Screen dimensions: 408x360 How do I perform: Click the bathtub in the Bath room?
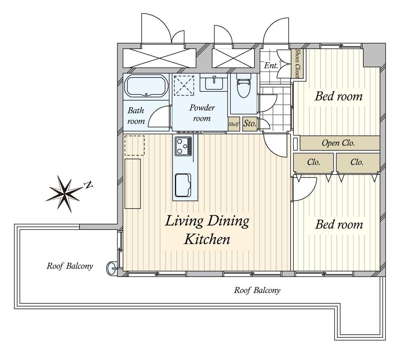(146, 86)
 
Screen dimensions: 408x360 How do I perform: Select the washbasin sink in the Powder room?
(214, 83)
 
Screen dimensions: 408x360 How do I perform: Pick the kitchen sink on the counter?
(183, 185)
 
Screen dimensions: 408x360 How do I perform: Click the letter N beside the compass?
(89, 185)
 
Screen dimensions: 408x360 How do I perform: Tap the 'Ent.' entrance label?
(271, 65)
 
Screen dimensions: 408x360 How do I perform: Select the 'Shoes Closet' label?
(297, 63)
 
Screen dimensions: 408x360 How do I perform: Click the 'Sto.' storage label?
(250, 123)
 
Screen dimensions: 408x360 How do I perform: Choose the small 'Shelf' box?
(234, 124)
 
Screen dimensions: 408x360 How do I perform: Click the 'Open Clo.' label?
(338, 143)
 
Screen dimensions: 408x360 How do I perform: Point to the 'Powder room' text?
(202, 113)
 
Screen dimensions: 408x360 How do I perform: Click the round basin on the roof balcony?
(112, 268)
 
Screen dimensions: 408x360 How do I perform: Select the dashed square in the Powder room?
(184, 85)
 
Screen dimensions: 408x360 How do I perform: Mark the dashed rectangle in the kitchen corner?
(134, 146)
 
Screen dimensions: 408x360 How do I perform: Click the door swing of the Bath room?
(159, 116)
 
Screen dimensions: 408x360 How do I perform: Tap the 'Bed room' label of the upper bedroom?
(338, 97)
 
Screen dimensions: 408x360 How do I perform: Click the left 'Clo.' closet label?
(313, 162)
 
